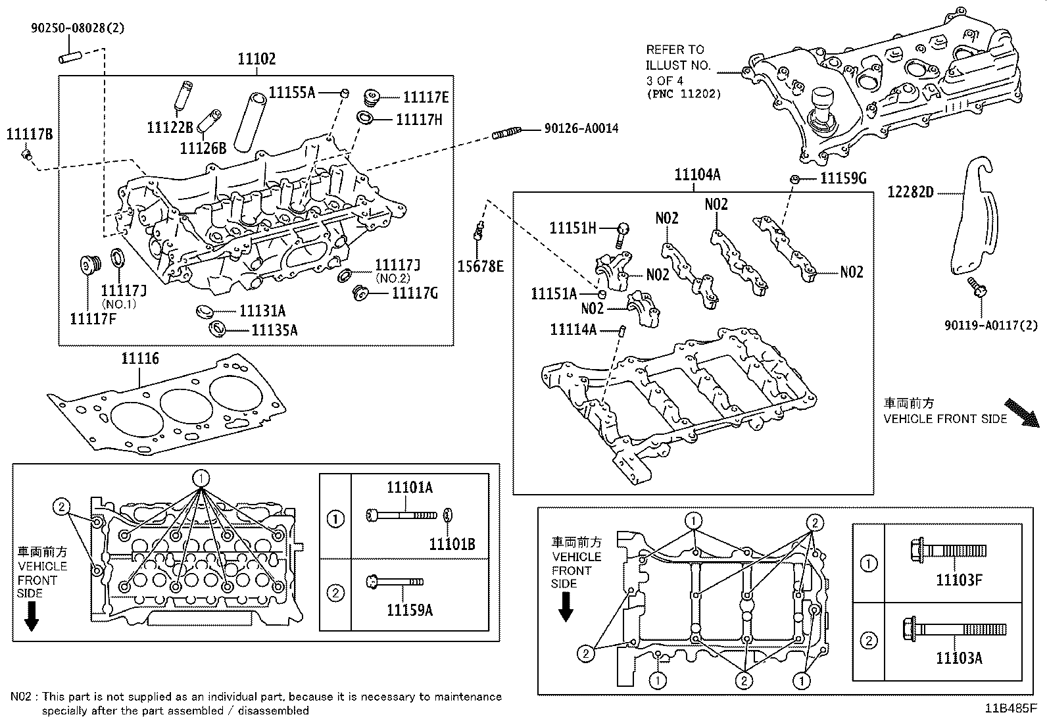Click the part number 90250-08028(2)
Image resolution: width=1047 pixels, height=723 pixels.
click(x=78, y=28)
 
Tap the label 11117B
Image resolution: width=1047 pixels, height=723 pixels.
click(x=30, y=134)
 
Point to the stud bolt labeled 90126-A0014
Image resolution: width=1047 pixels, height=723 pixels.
click(x=506, y=134)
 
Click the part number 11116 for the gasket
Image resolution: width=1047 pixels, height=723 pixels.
click(x=139, y=359)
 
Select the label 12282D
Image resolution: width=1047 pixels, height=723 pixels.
click(x=910, y=192)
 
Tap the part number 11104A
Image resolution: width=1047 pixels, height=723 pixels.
click(x=697, y=175)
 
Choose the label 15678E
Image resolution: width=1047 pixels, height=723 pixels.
click(x=481, y=266)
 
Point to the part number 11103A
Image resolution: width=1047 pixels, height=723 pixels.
click(x=959, y=658)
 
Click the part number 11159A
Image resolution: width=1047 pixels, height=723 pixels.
click(x=409, y=611)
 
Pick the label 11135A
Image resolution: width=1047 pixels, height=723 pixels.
click(x=274, y=330)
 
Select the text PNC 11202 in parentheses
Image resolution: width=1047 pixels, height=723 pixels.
click(x=684, y=93)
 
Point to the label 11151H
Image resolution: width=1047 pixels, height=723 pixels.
click(x=573, y=228)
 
